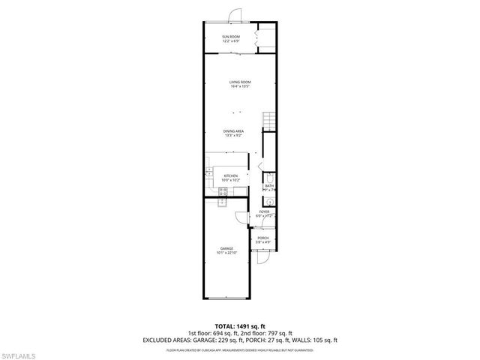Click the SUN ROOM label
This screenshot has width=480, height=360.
click(x=230, y=37)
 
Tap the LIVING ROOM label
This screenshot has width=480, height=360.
click(x=240, y=82)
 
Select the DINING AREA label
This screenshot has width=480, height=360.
click(x=233, y=131)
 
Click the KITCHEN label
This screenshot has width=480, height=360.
click(x=230, y=175)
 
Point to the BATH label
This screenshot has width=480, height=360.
click(x=268, y=186)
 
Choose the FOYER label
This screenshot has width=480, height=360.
click(x=264, y=211)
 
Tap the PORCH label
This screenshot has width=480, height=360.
click(x=263, y=238)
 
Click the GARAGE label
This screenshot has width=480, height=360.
click(x=226, y=248)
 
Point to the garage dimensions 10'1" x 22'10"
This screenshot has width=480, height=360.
click(x=226, y=253)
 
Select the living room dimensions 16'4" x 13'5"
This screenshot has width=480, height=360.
click(x=240, y=86)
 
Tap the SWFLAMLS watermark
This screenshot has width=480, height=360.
click(x=22, y=352)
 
